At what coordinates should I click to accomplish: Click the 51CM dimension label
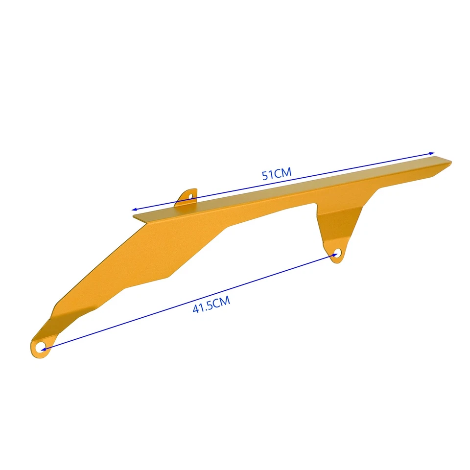(x=277, y=174)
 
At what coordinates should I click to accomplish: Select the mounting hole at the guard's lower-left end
(x=42, y=347)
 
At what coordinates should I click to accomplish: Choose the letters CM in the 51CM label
(x=283, y=172)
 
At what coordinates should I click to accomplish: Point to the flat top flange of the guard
(x=294, y=188)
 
